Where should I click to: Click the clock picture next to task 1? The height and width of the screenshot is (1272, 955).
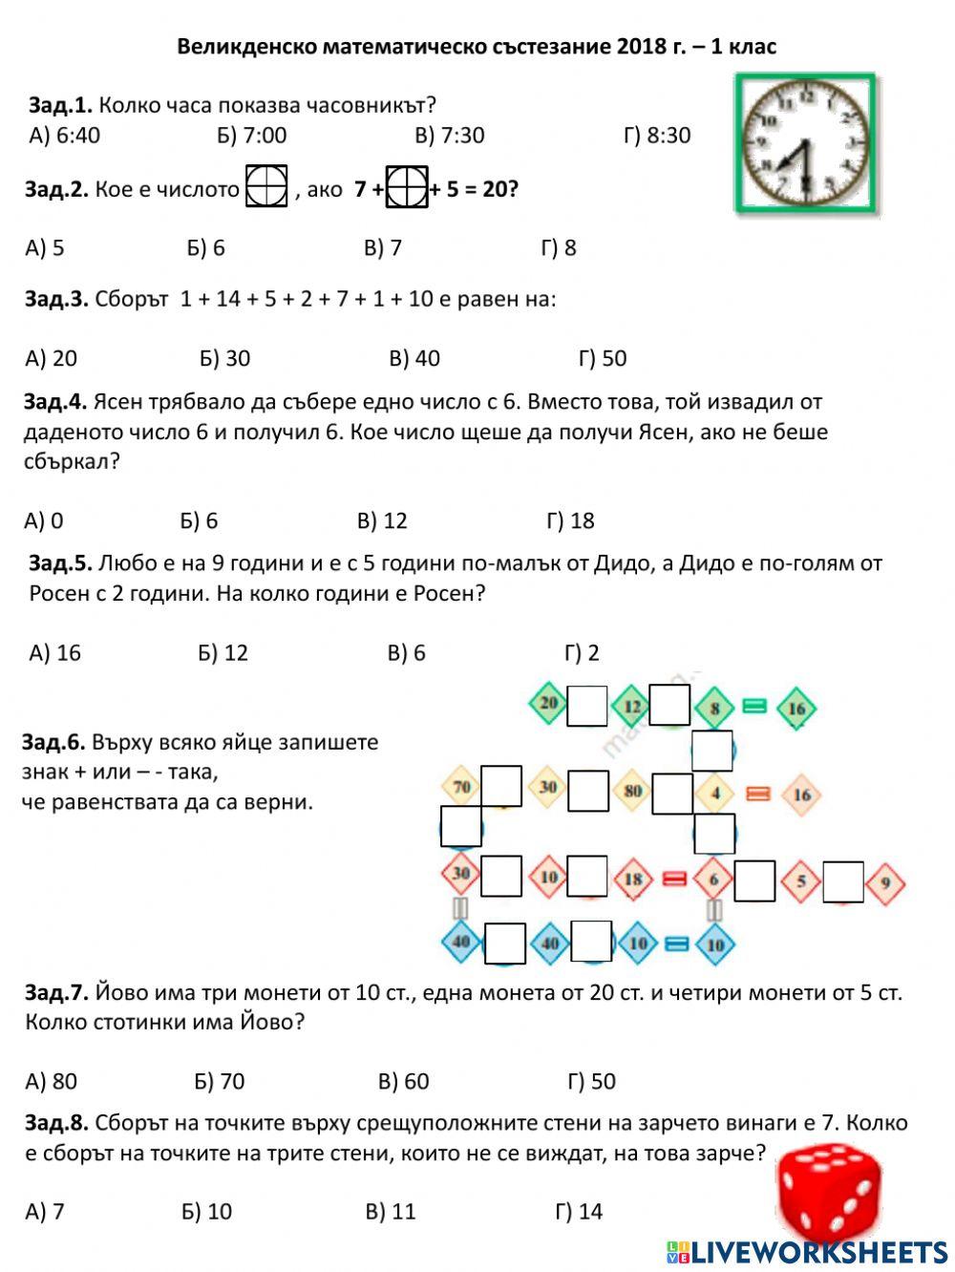806,142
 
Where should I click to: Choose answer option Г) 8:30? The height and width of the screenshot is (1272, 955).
656,135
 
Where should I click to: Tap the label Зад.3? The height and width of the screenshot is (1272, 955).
56,299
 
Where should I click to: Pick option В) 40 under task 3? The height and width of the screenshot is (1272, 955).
414,358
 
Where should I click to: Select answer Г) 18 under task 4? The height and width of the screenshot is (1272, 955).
570,520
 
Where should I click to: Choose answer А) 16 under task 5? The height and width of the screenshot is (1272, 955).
55,652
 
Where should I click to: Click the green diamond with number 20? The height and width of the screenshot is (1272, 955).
548,705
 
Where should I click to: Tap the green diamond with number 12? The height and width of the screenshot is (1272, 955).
631,707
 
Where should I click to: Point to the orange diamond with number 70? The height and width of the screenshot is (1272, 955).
461,788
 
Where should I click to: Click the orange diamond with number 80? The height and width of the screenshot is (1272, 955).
633,791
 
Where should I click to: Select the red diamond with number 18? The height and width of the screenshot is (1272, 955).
632,879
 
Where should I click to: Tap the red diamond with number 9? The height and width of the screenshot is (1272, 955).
885,882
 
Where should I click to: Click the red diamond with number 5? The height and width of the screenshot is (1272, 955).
802,881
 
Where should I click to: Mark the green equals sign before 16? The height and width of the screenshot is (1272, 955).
754,707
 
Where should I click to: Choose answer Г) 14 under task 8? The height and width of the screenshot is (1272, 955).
579,1211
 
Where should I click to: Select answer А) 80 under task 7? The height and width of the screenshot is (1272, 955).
52,1081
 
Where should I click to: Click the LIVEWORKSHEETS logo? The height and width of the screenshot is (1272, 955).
807,1252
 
